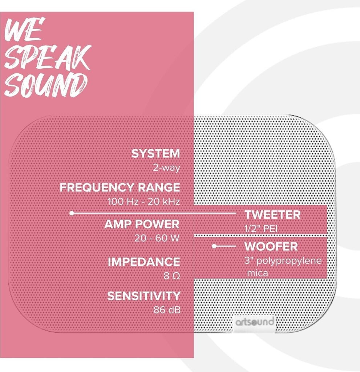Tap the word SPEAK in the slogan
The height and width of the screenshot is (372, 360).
(x=48, y=57)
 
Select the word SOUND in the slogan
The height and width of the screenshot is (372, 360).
(x=45, y=85)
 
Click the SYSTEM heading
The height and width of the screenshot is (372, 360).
(x=156, y=154)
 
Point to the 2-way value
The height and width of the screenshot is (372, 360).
(x=166, y=168)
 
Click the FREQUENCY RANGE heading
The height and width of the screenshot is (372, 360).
(x=120, y=187)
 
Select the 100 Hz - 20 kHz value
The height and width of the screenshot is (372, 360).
(x=144, y=202)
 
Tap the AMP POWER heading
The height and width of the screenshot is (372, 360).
(x=142, y=224)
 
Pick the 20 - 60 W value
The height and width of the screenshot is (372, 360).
(x=157, y=238)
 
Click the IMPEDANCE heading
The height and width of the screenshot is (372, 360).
(x=144, y=262)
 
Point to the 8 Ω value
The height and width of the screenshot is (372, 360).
(x=171, y=276)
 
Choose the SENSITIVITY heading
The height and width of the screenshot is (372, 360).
(x=143, y=296)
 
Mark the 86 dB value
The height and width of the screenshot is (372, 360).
(x=167, y=310)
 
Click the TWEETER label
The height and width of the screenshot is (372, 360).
(x=272, y=215)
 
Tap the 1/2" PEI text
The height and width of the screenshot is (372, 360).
(x=261, y=229)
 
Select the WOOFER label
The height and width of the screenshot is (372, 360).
(x=271, y=247)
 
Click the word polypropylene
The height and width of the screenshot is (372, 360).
(x=289, y=261)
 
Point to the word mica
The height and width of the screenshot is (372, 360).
(x=258, y=273)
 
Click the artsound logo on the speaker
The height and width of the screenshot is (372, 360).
(x=255, y=322)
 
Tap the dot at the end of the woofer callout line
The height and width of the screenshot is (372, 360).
(x=214, y=246)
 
